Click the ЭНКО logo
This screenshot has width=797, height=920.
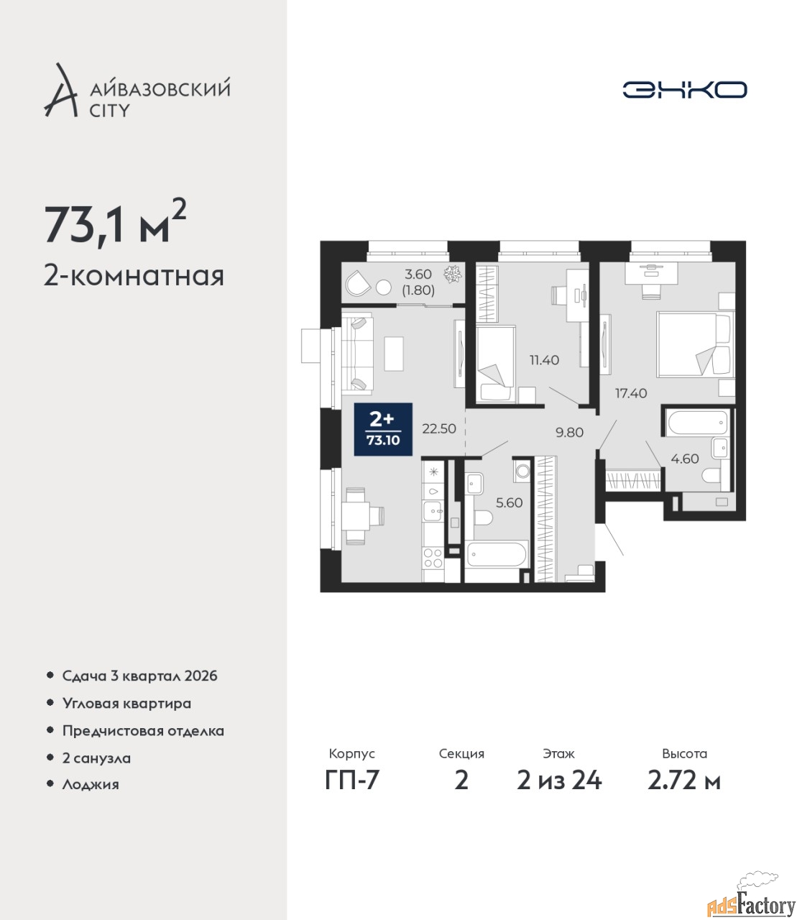click(x=684, y=89)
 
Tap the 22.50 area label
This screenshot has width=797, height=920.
click(x=439, y=428)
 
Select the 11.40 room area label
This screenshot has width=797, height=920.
click(x=544, y=359)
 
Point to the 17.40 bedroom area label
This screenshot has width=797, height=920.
click(x=631, y=393)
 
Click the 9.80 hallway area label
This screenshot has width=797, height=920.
click(x=570, y=432)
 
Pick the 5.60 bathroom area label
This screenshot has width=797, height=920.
click(x=509, y=502)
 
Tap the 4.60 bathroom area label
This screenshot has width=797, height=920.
click(x=685, y=459)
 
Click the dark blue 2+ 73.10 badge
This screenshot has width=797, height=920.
click(x=383, y=429)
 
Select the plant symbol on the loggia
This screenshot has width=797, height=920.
click(x=453, y=274)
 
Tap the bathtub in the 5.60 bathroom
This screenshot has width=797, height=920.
click(x=497, y=553)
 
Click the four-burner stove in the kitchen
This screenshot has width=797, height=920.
click(x=433, y=558)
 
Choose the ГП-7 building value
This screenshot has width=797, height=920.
click(x=351, y=780)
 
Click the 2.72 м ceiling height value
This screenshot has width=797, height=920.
click(x=684, y=780)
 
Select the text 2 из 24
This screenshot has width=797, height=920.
click(x=559, y=780)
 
